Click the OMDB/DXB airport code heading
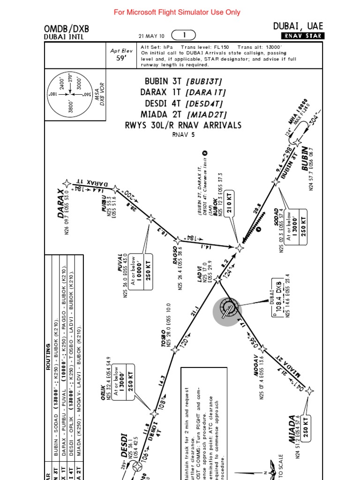[66, 29]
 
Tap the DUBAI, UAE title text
[298, 26]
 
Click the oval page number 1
[184, 35]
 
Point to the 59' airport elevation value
[121, 59]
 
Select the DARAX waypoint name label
[61, 203]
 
